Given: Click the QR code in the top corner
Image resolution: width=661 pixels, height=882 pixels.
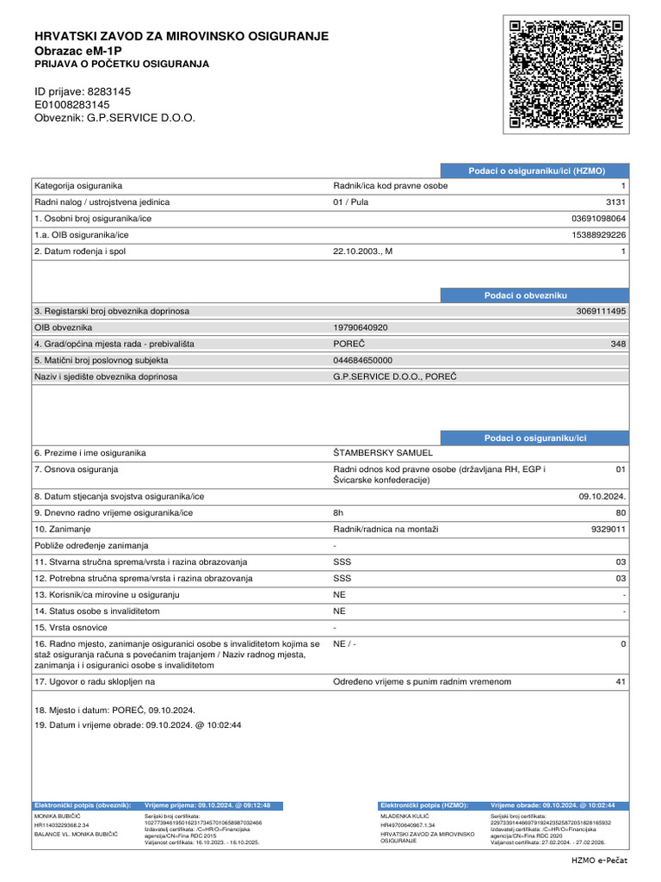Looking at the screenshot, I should [x=565, y=75].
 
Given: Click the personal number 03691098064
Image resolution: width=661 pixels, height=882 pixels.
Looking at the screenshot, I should [x=599, y=218].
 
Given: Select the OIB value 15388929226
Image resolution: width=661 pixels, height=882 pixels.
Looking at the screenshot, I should [x=599, y=234].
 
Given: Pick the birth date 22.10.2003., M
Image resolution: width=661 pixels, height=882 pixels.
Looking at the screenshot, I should [x=362, y=251].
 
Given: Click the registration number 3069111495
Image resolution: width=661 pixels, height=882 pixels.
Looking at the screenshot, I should [x=601, y=311].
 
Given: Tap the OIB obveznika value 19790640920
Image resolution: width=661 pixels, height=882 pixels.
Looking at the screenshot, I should [x=361, y=327].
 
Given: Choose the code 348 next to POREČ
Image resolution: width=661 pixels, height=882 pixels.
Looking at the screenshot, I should [x=618, y=344].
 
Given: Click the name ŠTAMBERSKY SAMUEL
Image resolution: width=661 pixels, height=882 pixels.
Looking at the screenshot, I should [x=383, y=453].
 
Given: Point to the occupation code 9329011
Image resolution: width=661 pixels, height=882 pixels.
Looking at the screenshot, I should [x=606, y=529].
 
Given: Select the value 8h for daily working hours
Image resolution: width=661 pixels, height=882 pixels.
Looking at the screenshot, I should [x=338, y=512].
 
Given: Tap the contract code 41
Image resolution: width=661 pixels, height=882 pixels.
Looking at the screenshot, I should [x=621, y=681].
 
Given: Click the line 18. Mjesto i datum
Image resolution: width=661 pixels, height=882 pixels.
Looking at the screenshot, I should [x=114, y=710].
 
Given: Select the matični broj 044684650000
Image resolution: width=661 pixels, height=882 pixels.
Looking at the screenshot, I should [x=362, y=360].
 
